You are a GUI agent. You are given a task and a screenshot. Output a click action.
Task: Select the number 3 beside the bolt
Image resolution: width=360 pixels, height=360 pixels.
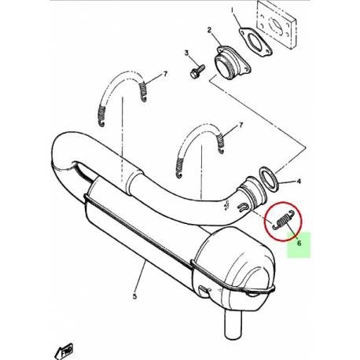[x=187, y=53]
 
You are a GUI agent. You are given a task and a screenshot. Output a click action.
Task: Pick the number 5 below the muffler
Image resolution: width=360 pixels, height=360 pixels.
[x=134, y=296]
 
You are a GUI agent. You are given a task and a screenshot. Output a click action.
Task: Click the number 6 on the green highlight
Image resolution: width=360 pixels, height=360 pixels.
[x=299, y=244]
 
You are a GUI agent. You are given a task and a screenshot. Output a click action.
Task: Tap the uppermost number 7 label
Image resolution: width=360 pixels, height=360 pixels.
[x=166, y=75]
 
